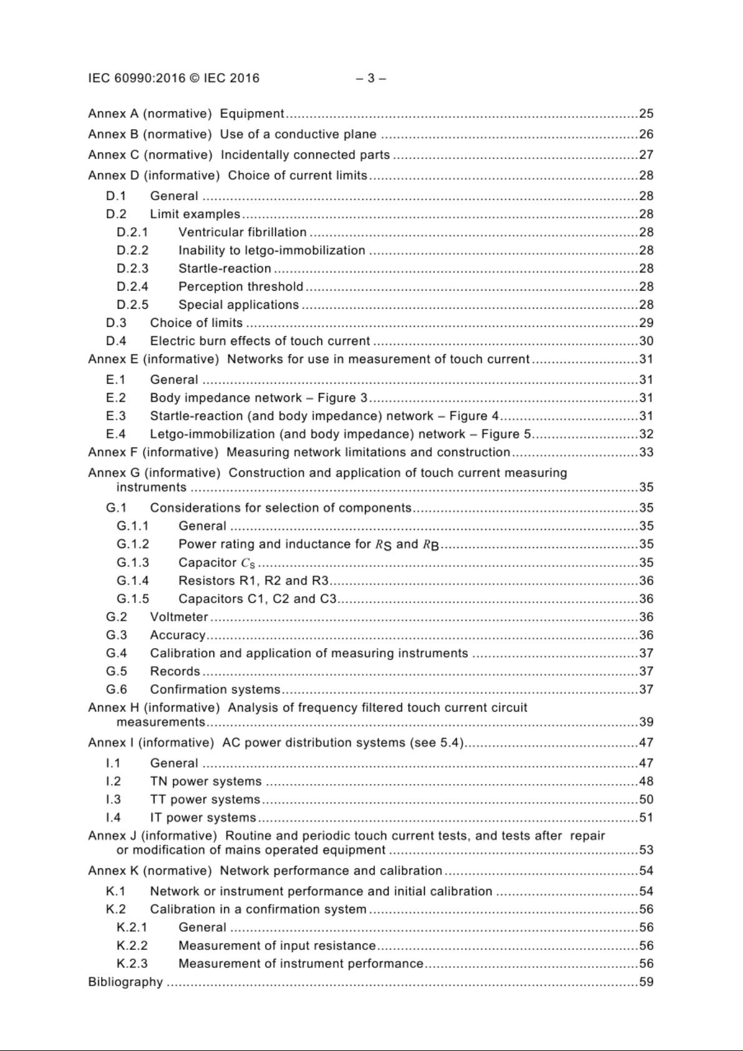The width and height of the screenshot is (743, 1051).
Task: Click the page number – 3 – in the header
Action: tap(371, 79)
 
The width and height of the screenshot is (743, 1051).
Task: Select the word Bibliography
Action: tap(125, 982)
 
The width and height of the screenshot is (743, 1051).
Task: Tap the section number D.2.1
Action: tap(132, 233)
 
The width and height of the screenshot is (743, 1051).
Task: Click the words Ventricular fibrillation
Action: tap(242, 233)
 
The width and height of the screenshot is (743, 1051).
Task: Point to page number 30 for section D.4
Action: tap(646, 341)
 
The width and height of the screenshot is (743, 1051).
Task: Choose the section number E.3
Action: tap(116, 416)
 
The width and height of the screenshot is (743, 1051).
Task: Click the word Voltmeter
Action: tap(179, 617)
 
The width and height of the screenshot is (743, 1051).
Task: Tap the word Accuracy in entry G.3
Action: tap(178, 635)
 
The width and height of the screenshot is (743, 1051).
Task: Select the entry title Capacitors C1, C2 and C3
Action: tap(257, 599)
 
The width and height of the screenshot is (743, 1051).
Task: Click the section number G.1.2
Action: tap(133, 544)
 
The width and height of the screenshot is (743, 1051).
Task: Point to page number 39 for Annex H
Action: tap(646, 722)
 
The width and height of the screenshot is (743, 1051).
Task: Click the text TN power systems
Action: tap(206, 782)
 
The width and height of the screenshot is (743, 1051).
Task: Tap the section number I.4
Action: tap(114, 818)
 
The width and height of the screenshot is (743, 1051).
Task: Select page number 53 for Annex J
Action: tap(646, 850)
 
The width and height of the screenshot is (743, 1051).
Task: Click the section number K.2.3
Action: tap(132, 964)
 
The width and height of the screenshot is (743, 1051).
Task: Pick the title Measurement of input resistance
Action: tap(277, 946)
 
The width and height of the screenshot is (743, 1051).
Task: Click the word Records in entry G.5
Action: tap(175, 671)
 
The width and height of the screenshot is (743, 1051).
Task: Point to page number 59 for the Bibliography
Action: tap(646, 982)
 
